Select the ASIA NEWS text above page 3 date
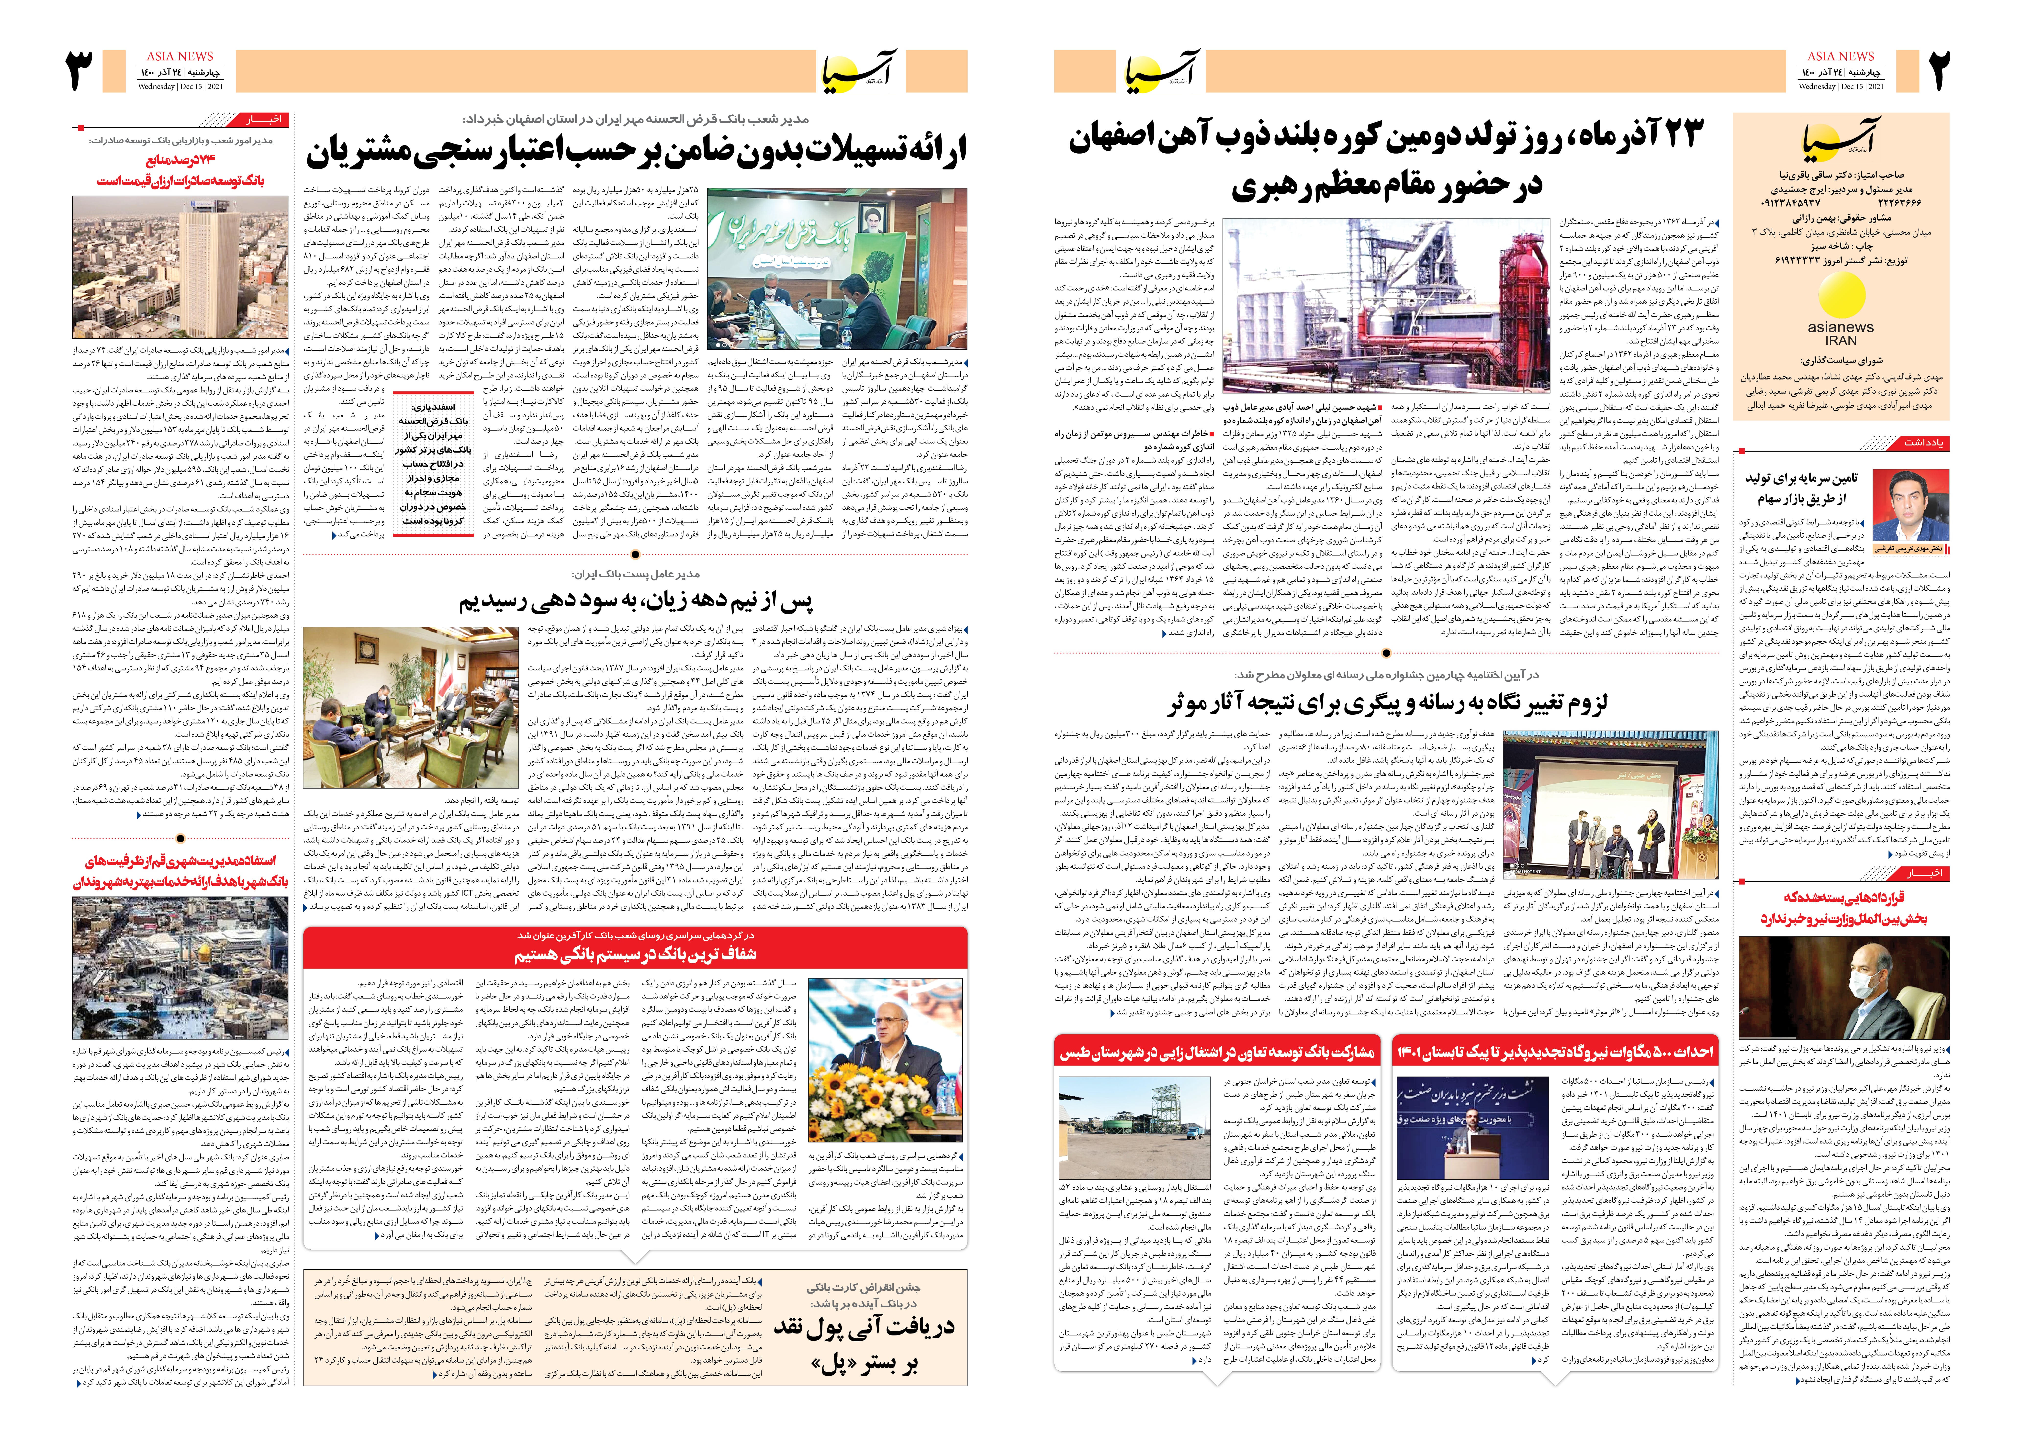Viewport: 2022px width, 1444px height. click(x=180, y=56)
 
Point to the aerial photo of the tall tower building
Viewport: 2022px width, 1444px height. click(x=180, y=267)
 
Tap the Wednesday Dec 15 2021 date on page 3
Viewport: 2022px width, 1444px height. click(x=180, y=86)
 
